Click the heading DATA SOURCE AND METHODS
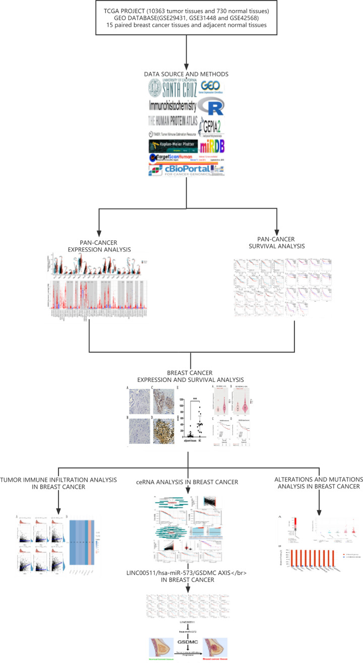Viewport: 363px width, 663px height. click(x=187, y=74)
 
